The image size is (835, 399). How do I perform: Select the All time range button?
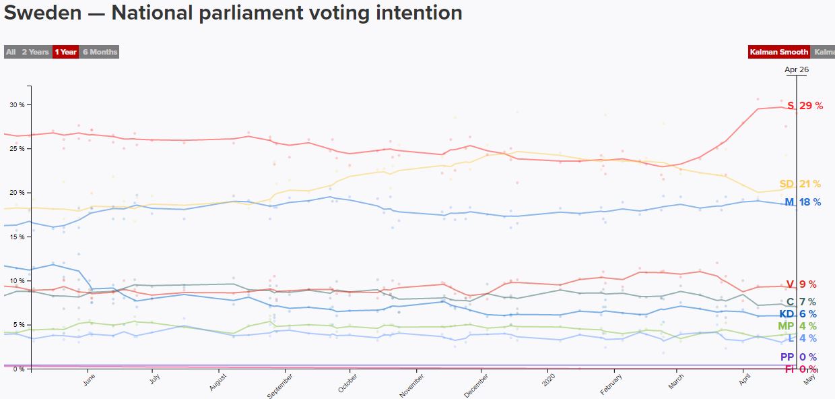(x=11, y=52)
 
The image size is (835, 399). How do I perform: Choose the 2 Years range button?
(x=35, y=52)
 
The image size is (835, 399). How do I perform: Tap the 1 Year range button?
(x=65, y=52)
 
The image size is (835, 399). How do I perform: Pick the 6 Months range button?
(x=100, y=52)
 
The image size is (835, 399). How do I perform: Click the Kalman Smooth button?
(x=778, y=52)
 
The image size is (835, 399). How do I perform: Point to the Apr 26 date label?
(x=797, y=69)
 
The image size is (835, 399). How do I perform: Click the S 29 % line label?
(x=804, y=106)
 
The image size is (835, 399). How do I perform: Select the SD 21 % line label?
(x=800, y=184)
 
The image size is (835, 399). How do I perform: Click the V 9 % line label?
(x=801, y=284)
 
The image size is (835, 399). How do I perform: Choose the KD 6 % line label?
(x=798, y=314)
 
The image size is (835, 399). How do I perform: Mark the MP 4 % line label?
(x=797, y=326)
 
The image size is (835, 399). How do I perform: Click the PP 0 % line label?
(x=798, y=357)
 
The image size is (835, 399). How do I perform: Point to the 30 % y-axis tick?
(x=17, y=105)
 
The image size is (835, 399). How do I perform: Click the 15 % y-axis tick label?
(x=17, y=237)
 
